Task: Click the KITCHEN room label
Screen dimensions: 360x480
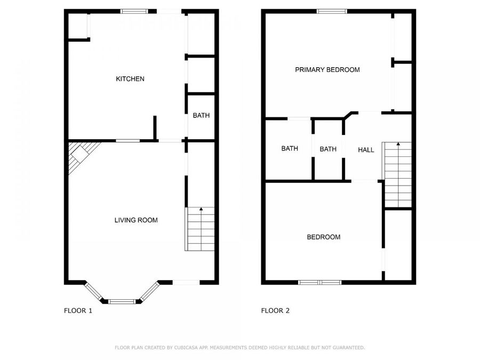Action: (130, 79)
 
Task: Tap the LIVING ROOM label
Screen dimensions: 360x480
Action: (136, 220)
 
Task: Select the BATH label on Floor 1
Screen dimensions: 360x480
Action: (201, 115)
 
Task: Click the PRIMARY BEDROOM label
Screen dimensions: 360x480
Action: (327, 69)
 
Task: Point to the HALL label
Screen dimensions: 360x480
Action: (366, 150)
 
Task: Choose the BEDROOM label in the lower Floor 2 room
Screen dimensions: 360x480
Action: (323, 237)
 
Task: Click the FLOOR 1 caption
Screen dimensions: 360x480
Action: (78, 310)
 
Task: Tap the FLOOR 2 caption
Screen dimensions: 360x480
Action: (275, 310)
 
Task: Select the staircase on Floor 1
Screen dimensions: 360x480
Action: (201, 229)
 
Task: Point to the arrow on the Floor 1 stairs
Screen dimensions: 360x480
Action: (201, 211)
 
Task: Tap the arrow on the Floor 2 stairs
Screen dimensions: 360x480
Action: (398, 145)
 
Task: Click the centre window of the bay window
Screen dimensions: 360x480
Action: (122, 301)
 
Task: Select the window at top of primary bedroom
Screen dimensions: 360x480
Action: (332, 11)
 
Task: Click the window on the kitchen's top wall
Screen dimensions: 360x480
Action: (131, 11)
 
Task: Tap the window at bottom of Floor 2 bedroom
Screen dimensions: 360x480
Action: (319, 282)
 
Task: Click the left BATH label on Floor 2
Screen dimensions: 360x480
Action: (290, 149)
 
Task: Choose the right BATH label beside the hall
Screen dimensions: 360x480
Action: (328, 149)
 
